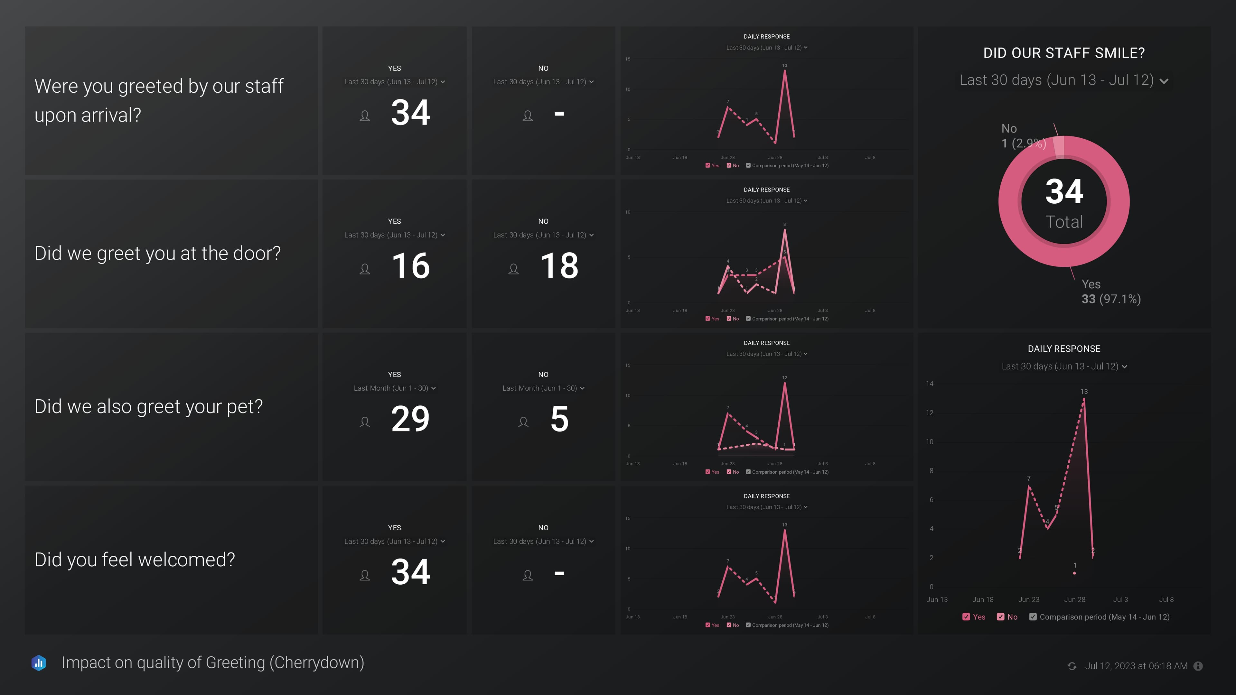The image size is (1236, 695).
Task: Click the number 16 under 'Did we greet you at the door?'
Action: tap(411, 266)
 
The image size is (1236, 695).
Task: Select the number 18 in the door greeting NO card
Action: tap(559, 266)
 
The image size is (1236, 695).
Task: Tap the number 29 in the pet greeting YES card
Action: tap(410, 419)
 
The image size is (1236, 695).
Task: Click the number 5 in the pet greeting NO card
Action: tap(559, 419)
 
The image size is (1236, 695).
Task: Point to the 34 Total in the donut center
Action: tap(1064, 201)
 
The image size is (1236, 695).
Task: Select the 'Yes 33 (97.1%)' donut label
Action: tap(1110, 292)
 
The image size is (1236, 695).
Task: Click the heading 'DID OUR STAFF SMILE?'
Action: tap(1064, 53)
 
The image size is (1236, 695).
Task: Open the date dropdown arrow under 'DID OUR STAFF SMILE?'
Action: tap(1164, 81)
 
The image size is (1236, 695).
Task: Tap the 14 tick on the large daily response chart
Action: tap(929, 384)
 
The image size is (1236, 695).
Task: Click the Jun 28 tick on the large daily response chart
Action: tap(1074, 599)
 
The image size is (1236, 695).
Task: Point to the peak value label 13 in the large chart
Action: tap(1084, 391)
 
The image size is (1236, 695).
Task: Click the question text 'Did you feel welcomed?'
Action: tap(135, 560)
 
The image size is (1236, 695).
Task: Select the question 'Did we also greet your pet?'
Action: tap(149, 407)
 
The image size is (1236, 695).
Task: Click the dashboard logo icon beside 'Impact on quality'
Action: tap(39, 663)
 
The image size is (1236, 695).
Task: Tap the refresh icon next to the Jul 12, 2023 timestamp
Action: tap(1072, 666)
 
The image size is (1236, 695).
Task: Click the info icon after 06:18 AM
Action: tap(1198, 666)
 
